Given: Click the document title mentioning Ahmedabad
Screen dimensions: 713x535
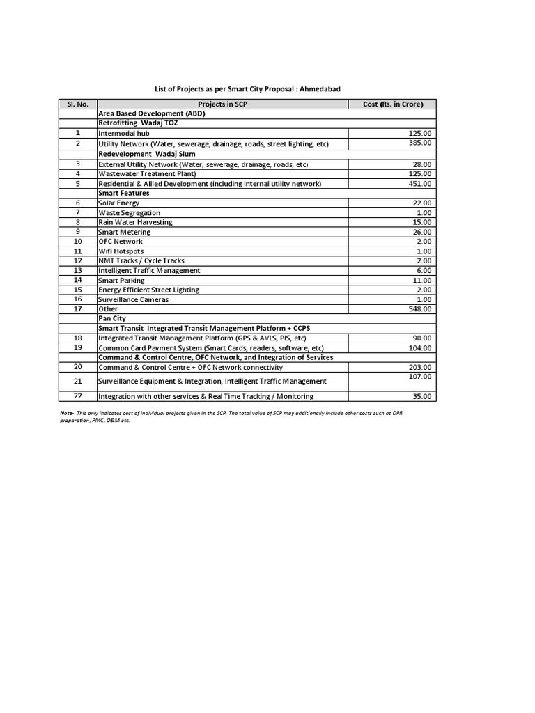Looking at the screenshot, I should [247, 89].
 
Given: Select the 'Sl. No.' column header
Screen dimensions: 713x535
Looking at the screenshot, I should [77, 104].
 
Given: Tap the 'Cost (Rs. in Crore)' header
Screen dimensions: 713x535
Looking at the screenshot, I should [393, 104].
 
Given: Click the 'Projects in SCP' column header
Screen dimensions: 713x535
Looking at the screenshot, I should [222, 104].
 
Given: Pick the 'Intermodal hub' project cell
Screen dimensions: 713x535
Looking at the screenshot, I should [124, 133].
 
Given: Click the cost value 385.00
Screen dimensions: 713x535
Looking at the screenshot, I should [421, 143].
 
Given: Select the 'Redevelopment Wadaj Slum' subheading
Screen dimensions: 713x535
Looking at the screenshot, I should [146, 153].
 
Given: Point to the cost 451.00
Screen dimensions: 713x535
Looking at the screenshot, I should [421, 184].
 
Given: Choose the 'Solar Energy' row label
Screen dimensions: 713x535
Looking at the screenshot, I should [119, 203].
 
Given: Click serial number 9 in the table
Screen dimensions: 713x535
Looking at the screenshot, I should [78, 231].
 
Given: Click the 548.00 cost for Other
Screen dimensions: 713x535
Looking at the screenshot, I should [421, 309].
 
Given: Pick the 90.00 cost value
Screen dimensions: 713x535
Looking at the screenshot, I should [422, 338].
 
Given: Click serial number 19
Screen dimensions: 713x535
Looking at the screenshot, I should [78, 347].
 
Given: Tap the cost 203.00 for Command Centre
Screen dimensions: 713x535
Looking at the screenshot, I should [421, 367].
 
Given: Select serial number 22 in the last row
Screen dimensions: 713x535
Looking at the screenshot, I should [78, 396].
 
